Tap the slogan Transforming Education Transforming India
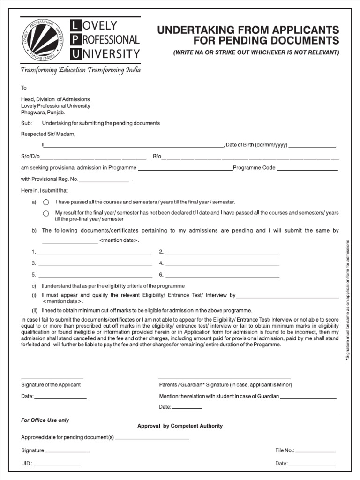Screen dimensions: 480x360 pyautogui.click(x=80, y=70)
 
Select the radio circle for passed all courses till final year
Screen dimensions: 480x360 pyautogui.click(x=46, y=202)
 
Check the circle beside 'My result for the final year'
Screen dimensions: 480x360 pyautogui.click(x=46, y=213)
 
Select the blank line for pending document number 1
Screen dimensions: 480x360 pyautogui.click(x=94, y=254)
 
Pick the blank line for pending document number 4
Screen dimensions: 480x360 pyautogui.click(x=223, y=265)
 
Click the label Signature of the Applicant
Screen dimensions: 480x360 pyautogui.click(x=51, y=385)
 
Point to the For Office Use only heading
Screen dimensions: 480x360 pyautogui.click(x=45, y=420)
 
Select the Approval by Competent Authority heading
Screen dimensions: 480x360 pyautogui.click(x=180, y=426)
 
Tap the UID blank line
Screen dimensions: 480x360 pyautogui.click(x=57, y=465)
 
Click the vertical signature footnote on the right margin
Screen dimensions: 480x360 pyautogui.click(x=348, y=300)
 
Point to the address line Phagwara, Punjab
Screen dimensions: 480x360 pyautogui.click(x=43, y=112)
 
